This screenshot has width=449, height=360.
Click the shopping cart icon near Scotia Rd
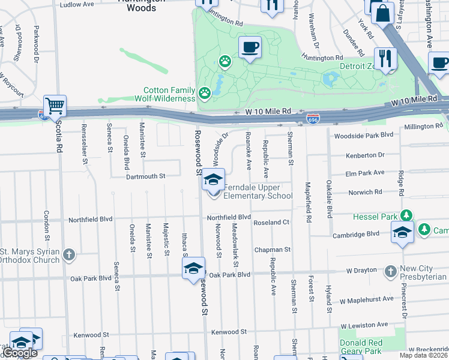tap(54, 105)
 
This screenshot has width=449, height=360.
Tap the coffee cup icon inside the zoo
tap(250, 46)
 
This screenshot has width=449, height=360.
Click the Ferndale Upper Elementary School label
tap(258, 191)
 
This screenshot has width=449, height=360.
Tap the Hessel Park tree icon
tap(406, 215)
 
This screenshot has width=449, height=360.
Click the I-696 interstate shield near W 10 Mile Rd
tap(312, 119)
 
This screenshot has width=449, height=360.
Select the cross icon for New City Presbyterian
tap(391, 271)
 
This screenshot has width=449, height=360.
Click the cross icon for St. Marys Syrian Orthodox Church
tap(69, 255)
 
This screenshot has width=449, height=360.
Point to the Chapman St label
tap(272, 249)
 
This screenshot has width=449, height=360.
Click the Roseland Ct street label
tap(271, 222)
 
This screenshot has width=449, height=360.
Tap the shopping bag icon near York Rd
tap(382, 11)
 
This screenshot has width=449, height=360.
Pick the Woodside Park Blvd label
tap(363, 136)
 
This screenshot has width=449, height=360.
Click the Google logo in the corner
tap(20, 353)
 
